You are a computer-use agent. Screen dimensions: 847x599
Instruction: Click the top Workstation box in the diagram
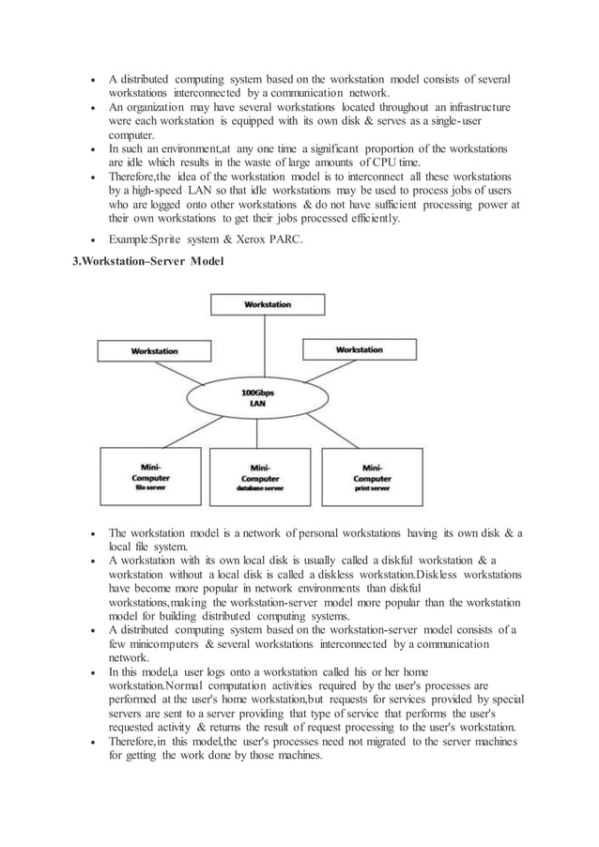click(268, 305)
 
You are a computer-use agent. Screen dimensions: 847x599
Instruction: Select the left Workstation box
click(154, 351)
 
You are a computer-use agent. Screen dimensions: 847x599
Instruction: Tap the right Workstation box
click(359, 349)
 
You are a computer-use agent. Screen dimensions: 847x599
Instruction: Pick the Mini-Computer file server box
click(150, 477)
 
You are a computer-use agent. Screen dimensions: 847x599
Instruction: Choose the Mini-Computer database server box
click(260, 477)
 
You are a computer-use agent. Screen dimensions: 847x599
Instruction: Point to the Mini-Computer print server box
click(372, 477)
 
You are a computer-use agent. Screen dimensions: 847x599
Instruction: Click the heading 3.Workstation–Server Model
click(148, 259)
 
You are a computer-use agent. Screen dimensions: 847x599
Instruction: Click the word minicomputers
click(165, 647)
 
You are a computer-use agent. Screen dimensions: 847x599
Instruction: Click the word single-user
click(479, 123)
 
